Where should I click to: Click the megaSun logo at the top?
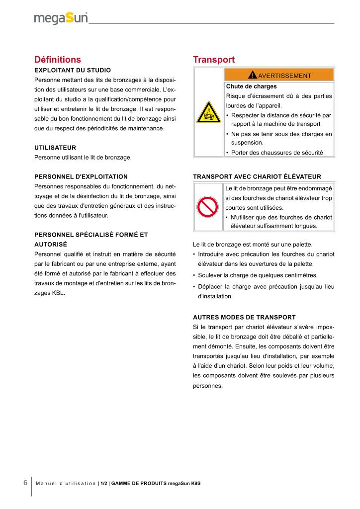[x=61, y=18]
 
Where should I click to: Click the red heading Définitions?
[x=57, y=60]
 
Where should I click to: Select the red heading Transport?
[x=213, y=60]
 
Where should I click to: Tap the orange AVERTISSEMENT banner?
[x=279, y=76]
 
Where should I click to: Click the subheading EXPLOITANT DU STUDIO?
[x=72, y=70]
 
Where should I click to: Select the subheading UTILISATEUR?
[x=55, y=148]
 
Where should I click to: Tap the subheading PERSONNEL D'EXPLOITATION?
[x=81, y=176]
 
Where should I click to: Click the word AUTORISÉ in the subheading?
[x=50, y=244]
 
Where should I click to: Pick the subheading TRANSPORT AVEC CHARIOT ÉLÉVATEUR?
[x=257, y=176]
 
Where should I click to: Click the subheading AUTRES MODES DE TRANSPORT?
[x=244, y=317]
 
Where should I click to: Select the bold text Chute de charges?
[x=248, y=86]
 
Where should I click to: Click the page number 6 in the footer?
[x=25, y=483]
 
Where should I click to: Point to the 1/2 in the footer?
[x=103, y=483]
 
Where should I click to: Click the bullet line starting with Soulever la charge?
[x=257, y=275]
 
